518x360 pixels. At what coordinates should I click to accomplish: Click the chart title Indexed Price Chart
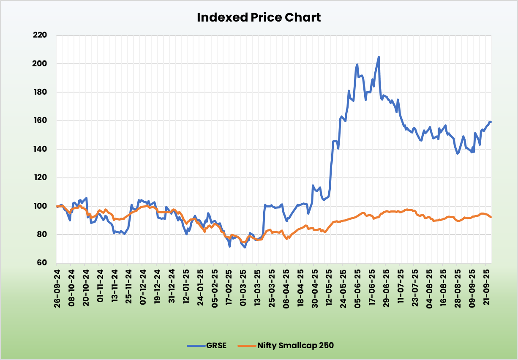[x=259, y=17]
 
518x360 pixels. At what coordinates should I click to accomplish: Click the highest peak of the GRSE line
[x=379, y=57]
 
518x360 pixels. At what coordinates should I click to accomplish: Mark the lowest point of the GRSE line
[x=245, y=247]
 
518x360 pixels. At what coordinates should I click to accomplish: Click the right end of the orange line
[x=491, y=217]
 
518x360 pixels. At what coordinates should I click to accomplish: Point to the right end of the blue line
[x=491, y=122]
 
